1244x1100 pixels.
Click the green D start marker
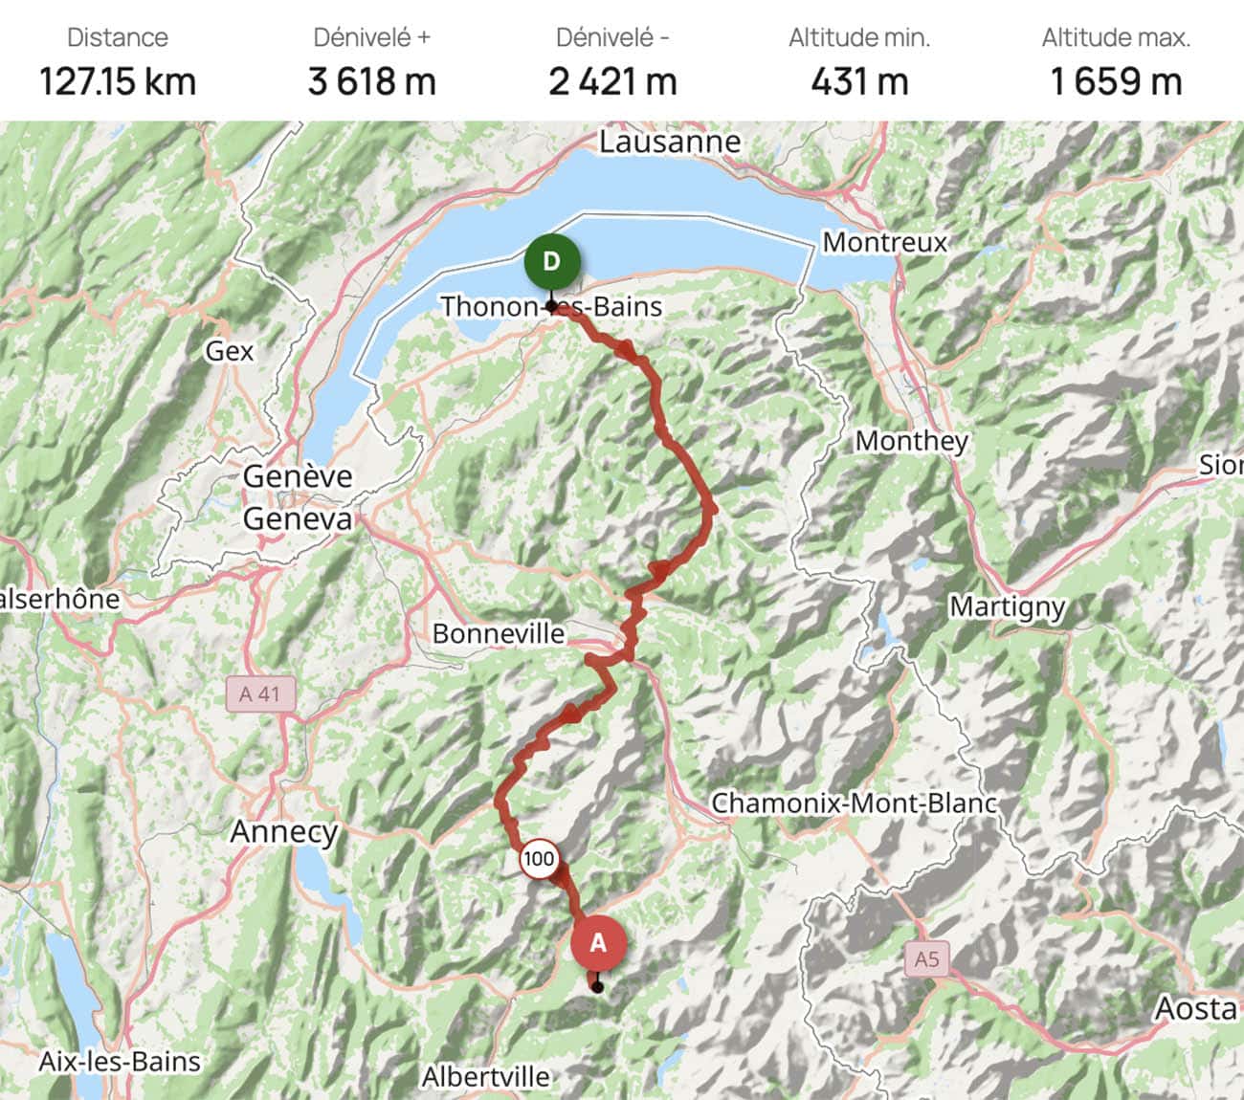pyautogui.click(x=551, y=262)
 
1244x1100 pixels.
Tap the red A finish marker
pyautogui.click(x=598, y=944)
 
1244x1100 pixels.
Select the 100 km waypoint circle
pyautogui.click(x=539, y=859)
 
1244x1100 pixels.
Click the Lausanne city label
pyautogui.click(x=670, y=142)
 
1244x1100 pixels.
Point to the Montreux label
pyautogui.click(x=884, y=242)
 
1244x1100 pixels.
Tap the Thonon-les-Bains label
pyautogui.click(x=551, y=307)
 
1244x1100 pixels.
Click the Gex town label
pyautogui.click(x=230, y=351)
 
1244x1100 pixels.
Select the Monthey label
pyautogui.click(x=911, y=441)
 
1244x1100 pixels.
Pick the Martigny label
pyautogui.click(x=1007, y=607)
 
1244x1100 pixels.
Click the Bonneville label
pyautogui.click(x=498, y=633)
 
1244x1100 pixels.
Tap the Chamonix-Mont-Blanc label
pyautogui.click(x=854, y=803)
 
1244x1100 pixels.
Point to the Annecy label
pyautogui.click(x=284, y=832)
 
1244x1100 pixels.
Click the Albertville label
pyautogui.click(x=486, y=1077)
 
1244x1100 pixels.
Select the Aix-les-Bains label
pyautogui.click(x=120, y=1061)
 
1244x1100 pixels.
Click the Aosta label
pyautogui.click(x=1195, y=1008)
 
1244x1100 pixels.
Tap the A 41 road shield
pyautogui.click(x=260, y=693)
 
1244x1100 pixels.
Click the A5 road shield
pyautogui.click(x=926, y=958)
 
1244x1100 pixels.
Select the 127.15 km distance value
pyautogui.click(x=118, y=81)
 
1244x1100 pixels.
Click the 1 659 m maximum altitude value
pyautogui.click(x=1116, y=81)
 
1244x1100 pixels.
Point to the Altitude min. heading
pyautogui.click(x=859, y=38)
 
